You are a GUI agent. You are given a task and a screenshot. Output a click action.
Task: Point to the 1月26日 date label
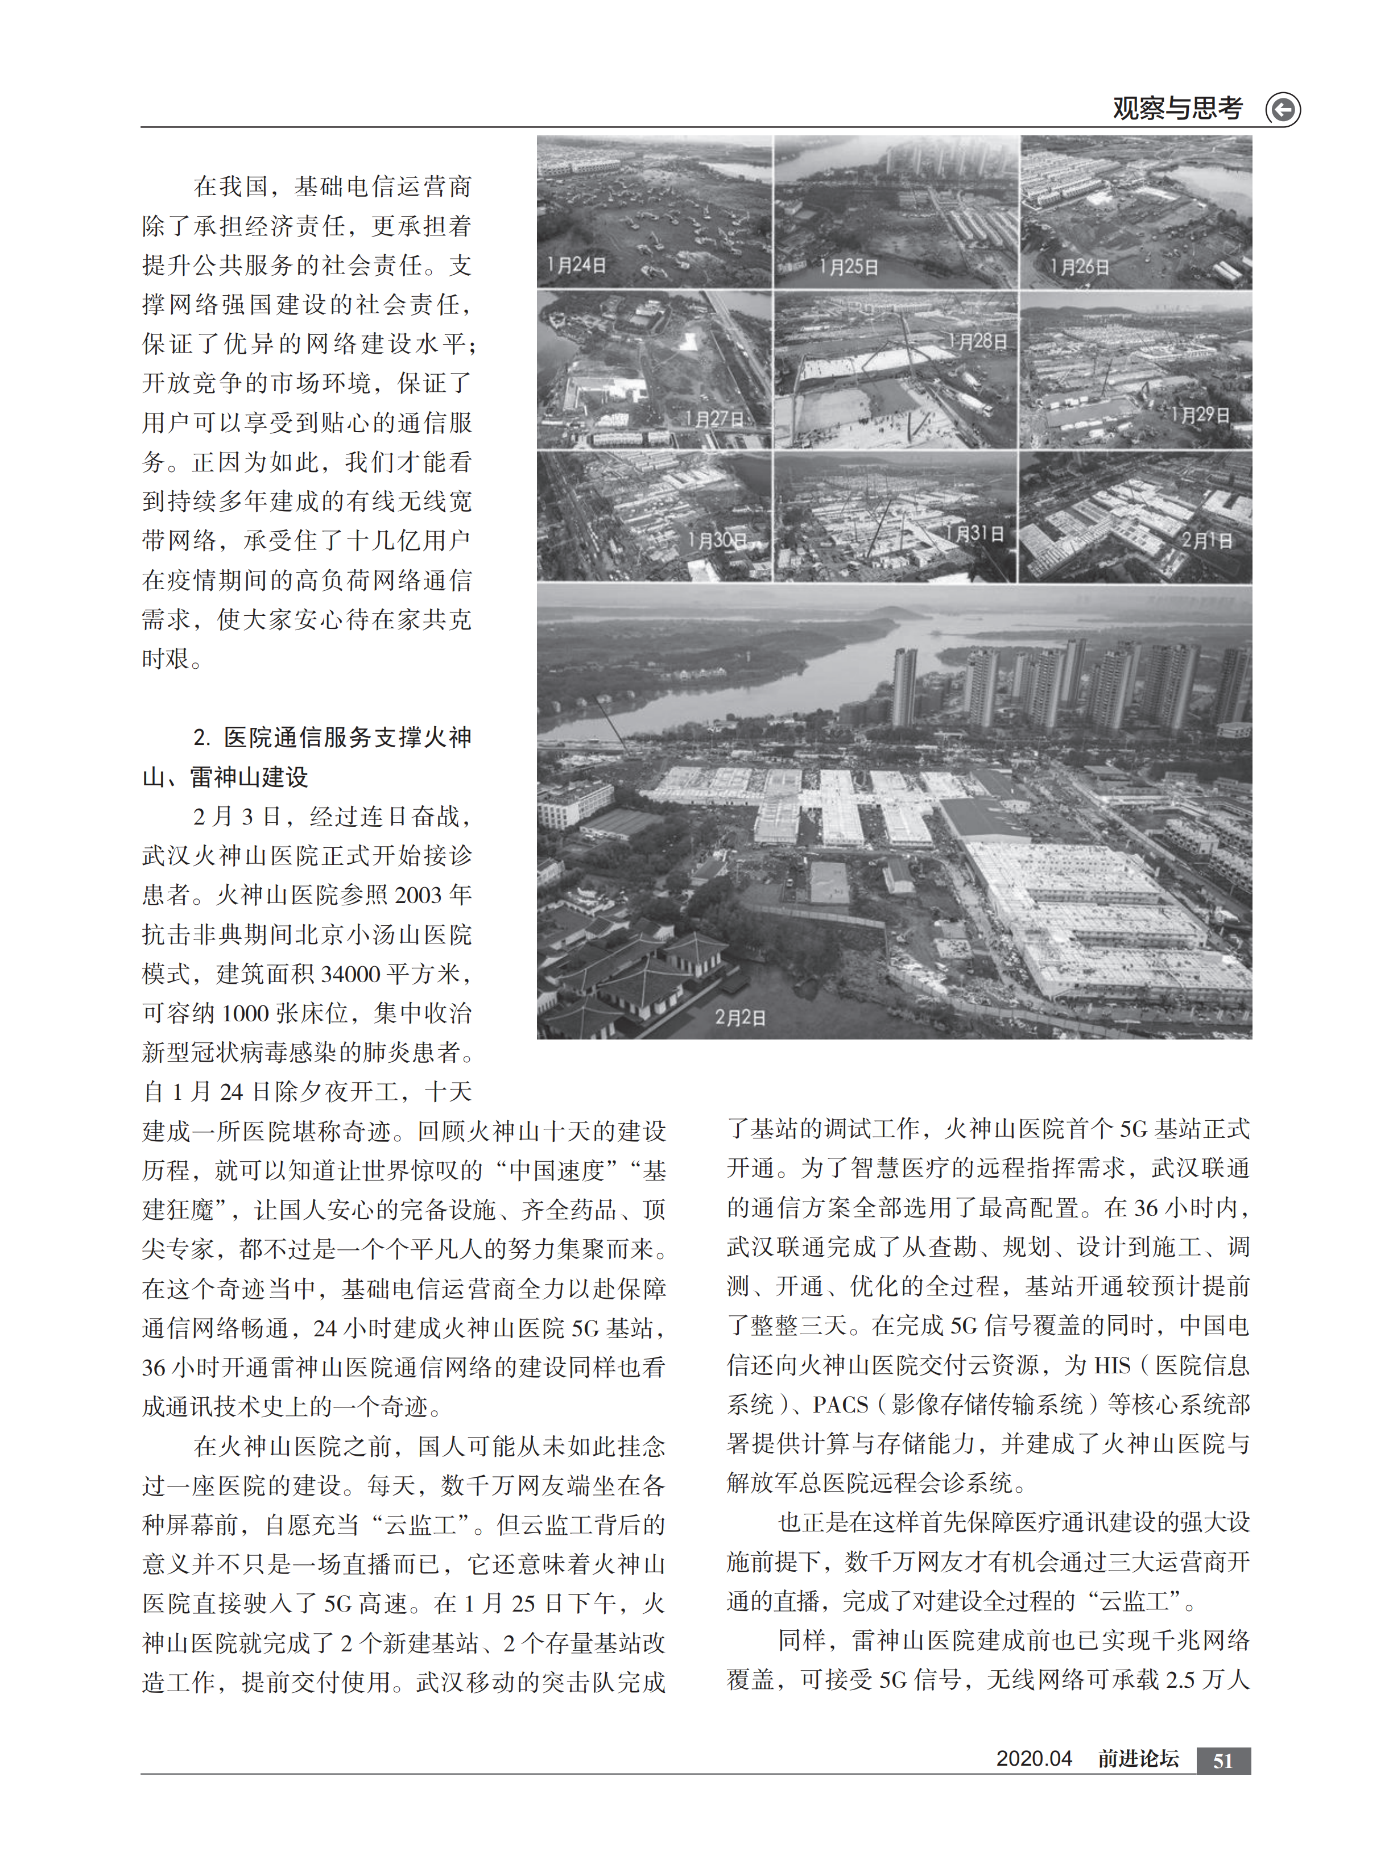[x=1080, y=267]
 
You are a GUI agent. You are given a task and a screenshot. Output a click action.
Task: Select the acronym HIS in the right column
[x=1112, y=1365]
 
